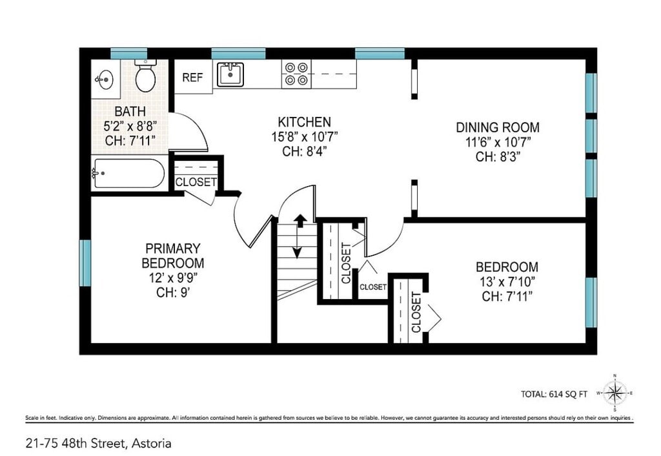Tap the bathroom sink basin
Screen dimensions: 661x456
(x=104, y=79)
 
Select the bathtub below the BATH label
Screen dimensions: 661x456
(x=128, y=173)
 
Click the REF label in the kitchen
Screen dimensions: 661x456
(x=192, y=78)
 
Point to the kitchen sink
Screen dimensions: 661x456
(x=230, y=74)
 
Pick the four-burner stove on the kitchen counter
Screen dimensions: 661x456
(x=296, y=74)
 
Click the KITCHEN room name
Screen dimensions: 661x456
(x=305, y=122)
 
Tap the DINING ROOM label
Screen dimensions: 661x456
(x=498, y=127)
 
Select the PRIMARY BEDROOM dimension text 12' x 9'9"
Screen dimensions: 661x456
(x=173, y=278)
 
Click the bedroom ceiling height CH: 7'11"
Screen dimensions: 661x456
(x=507, y=296)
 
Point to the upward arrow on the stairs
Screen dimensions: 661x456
(x=300, y=221)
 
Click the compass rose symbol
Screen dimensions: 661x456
(x=615, y=393)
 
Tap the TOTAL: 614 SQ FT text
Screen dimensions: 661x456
(x=554, y=395)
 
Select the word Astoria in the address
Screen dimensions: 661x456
(x=152, y=444)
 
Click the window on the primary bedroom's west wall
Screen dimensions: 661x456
(x=85, y=263)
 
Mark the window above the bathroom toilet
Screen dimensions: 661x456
(x=129, y=54)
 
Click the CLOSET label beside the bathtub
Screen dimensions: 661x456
(x=196, y=182)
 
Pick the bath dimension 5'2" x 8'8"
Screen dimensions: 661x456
(x=130, y=126)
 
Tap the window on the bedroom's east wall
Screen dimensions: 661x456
(x=591, y=302)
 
